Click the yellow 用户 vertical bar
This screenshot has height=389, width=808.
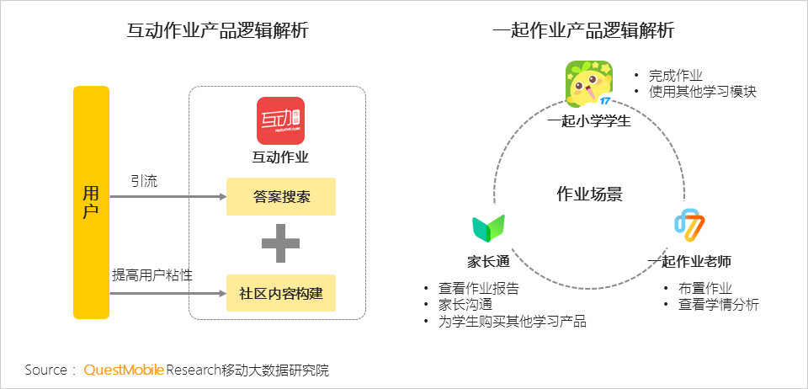[91, 202]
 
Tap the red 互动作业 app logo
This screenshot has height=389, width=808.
[281, 120]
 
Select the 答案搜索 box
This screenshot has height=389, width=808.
[281, 196]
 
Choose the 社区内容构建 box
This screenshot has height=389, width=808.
[281, 293]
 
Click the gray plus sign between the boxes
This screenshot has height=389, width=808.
[281, 243]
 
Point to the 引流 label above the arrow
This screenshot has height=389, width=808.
[144, 181]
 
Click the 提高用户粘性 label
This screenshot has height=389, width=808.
[152, 274]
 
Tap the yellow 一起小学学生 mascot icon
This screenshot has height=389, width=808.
[589, 83]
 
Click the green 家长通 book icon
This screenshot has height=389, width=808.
[488, 227]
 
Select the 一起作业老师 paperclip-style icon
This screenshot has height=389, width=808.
[689, 226]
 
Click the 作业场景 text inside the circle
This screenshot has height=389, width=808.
[589, 194]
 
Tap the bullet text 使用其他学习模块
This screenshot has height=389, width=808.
[702, 93]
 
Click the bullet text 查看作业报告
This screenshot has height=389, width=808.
[479, 289]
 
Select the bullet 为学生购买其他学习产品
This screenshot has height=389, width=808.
[513, 322]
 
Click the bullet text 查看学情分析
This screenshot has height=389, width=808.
[718, 305]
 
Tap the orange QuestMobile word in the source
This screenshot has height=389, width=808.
[125, 370]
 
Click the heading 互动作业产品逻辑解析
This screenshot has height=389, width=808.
[217, 31]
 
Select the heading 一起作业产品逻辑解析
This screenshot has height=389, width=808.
[583, 31]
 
